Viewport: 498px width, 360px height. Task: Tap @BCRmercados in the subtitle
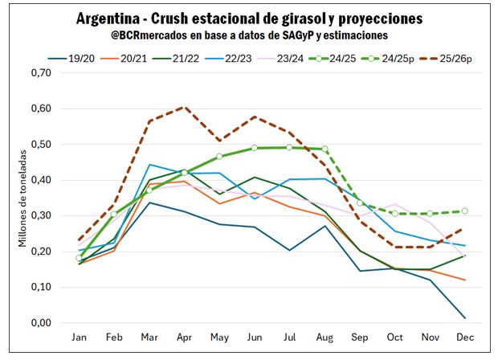148,35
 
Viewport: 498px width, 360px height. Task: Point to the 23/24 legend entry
301,57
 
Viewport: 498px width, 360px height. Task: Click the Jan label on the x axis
79,338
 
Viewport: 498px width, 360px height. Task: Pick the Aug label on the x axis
325,338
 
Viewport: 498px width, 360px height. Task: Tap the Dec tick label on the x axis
464,338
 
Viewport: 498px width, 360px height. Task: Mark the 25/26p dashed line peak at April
184,106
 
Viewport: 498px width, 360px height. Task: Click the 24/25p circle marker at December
464,211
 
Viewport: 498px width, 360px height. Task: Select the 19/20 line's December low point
464,318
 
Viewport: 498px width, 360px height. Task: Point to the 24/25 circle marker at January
79,258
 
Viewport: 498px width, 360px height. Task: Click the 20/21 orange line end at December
464,280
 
